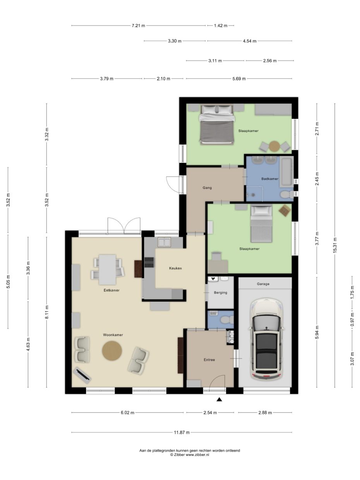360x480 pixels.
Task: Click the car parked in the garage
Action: (267, 339)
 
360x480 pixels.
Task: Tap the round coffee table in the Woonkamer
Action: (112, 351)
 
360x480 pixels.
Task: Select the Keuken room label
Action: (175, 268)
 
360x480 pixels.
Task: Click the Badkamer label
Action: (269, 179)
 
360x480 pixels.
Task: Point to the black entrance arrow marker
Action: (219, 400)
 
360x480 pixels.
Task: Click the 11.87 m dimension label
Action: (182, 432)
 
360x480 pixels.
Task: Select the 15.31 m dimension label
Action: (335, 245)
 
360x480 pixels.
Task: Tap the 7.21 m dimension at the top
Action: (138, 26)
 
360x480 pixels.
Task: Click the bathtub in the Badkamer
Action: (286, 171)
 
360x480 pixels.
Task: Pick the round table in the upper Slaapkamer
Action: (274, 146)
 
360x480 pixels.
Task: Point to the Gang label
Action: (207, 188)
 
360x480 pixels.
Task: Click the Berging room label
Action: (220, 293)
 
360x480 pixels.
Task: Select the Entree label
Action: (209, 360)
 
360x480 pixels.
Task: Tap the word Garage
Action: (263, 284)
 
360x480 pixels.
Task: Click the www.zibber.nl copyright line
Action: (190, 455)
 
